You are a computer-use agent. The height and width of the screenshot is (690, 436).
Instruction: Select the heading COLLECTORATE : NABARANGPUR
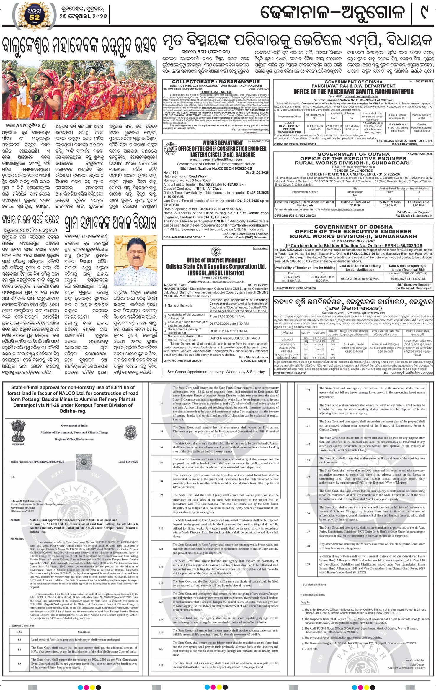coord(216,82)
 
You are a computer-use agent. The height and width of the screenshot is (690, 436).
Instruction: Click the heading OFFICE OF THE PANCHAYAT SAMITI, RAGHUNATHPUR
coord(353,92)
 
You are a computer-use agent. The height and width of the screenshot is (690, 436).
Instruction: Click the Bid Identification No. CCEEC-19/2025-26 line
coord(216,168)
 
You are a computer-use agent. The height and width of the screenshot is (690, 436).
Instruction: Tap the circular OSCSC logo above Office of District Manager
coord(216,252)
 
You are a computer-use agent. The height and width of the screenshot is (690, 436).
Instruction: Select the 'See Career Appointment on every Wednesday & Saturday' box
coord(216,372)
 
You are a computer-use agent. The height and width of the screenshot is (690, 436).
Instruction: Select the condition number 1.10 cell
coord(161,528)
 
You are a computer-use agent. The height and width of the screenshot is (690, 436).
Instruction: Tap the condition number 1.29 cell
coord(308,564)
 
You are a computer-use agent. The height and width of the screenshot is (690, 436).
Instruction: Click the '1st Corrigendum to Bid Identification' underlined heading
coord(353,245)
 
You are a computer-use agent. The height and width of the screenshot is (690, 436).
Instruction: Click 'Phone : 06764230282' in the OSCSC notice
coord(216,278)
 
